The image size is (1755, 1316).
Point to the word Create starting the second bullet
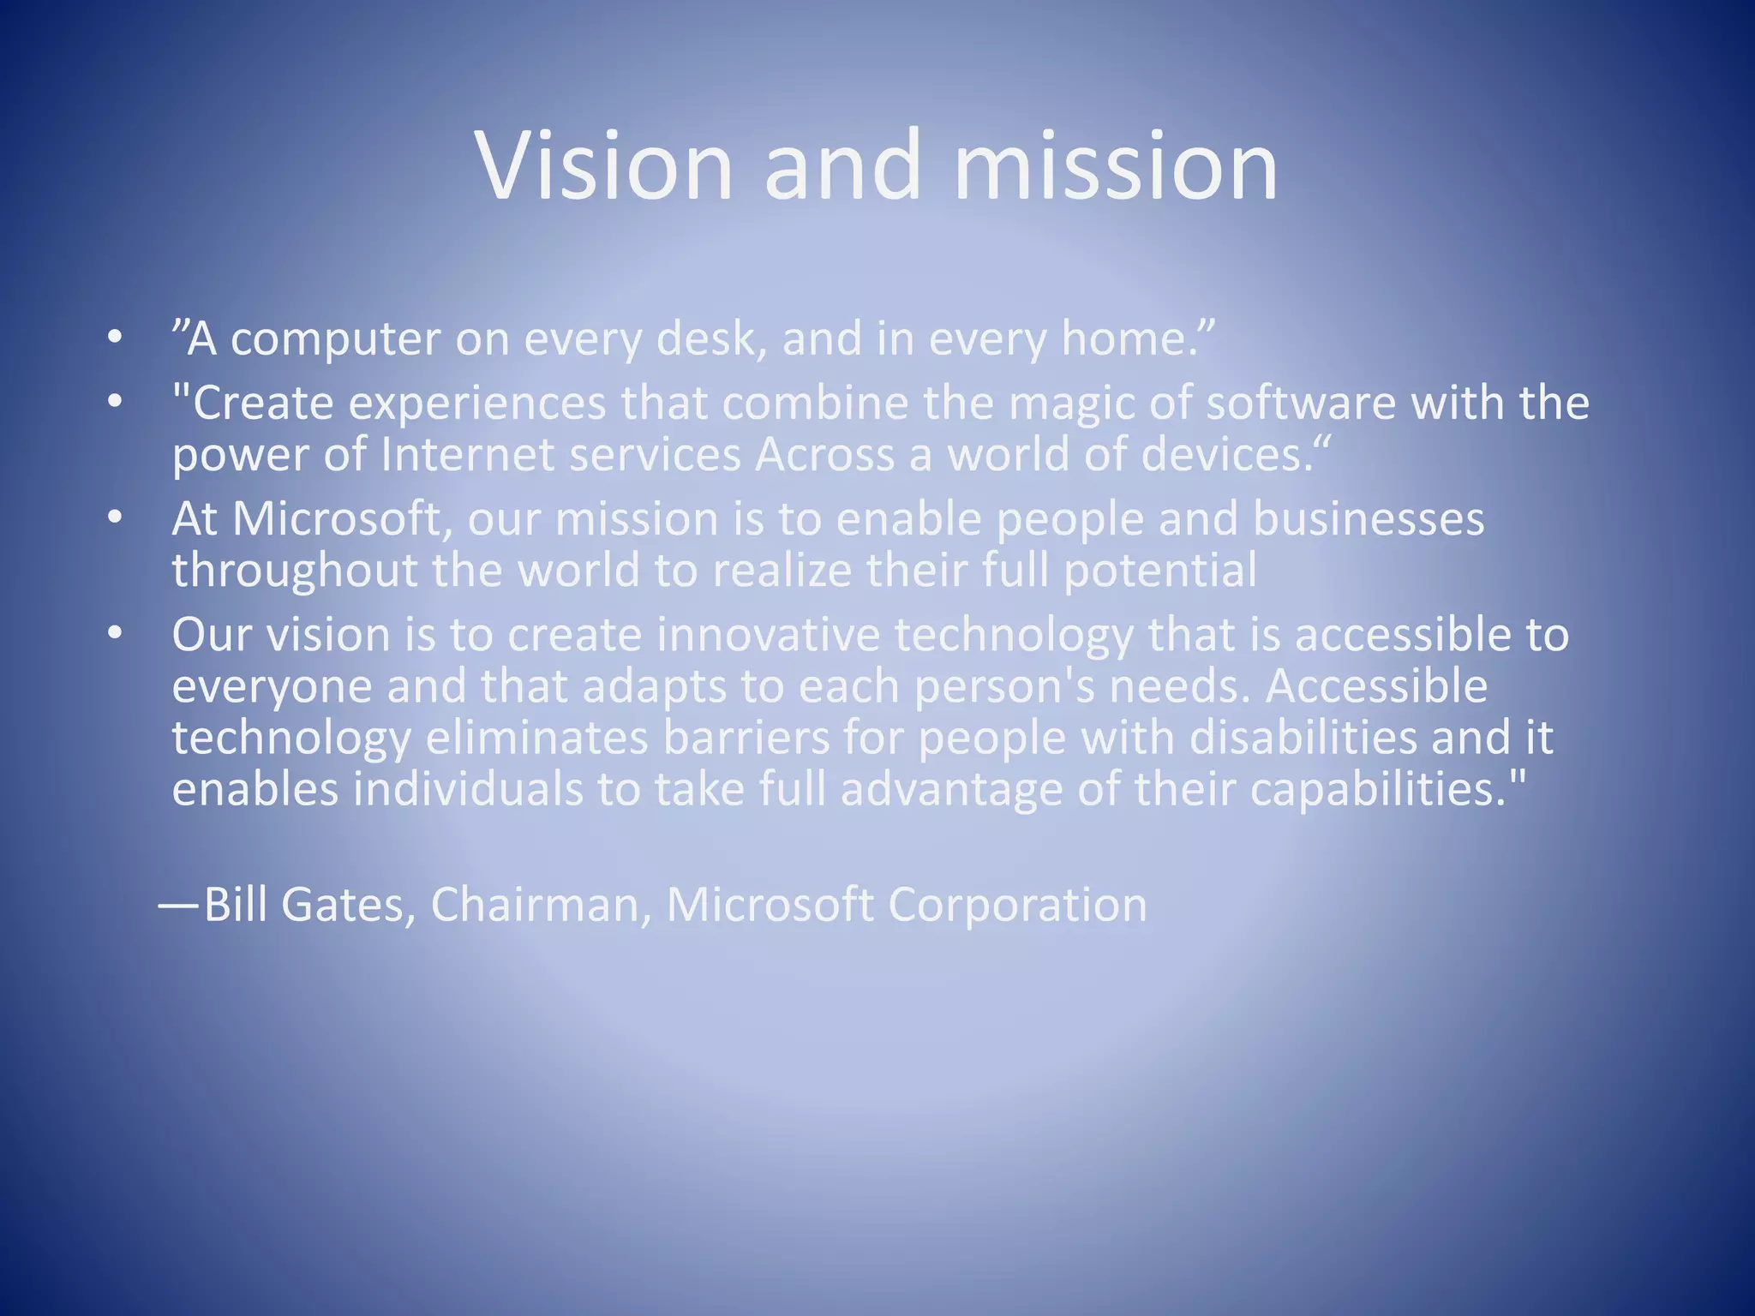coord(262,403)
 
